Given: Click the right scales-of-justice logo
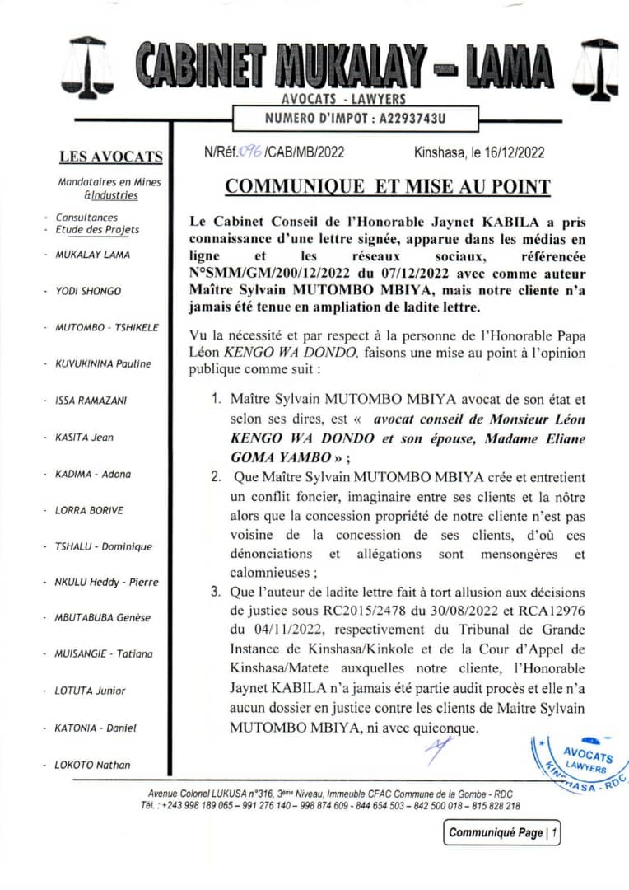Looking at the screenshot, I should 596,69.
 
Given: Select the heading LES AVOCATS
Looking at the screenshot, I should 111,157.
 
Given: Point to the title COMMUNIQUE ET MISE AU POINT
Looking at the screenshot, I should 388,187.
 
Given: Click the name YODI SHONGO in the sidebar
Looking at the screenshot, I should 88,291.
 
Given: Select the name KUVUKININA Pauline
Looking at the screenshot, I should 103,363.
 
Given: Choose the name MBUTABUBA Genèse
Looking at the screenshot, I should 103,618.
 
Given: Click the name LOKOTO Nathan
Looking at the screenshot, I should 92,765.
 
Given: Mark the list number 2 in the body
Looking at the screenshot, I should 215,476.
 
